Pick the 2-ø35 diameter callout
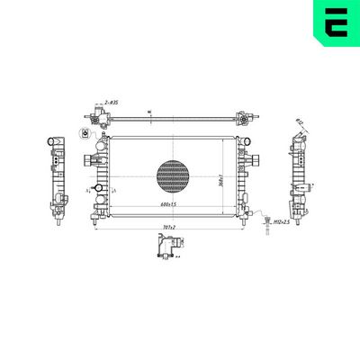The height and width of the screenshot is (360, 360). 112,105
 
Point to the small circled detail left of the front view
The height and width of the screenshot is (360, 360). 85,135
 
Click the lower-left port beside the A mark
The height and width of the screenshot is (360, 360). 90,192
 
